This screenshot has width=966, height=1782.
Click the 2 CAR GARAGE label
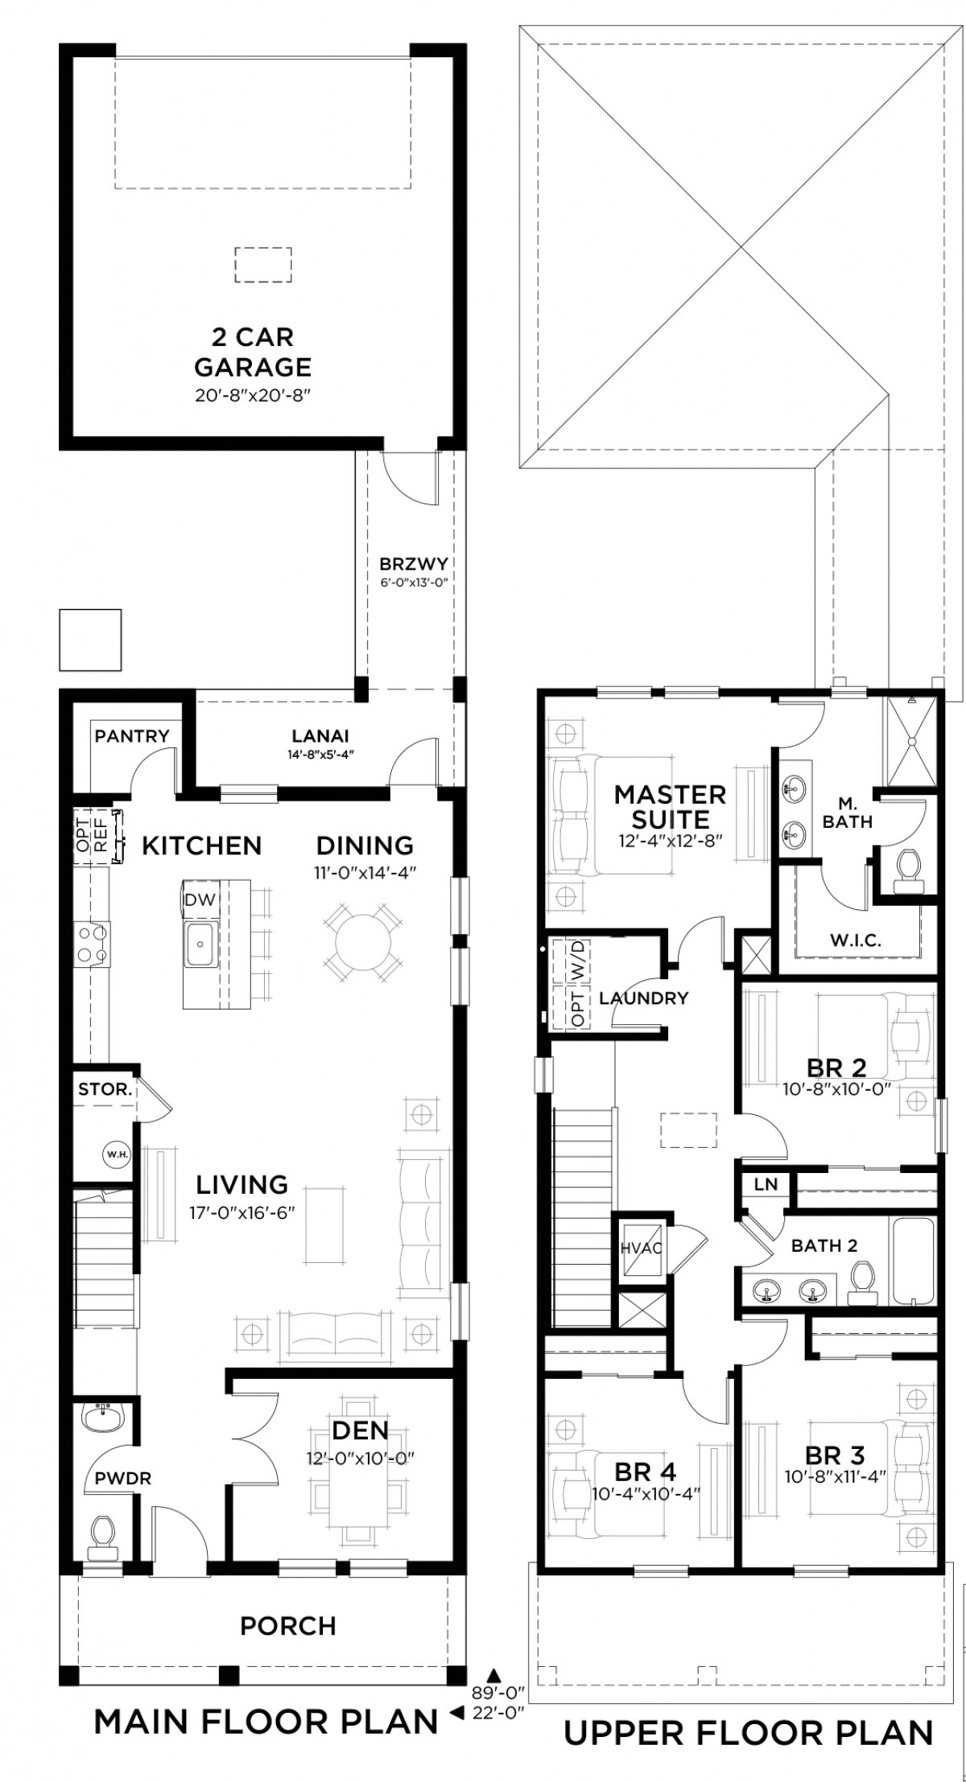coord(253,352)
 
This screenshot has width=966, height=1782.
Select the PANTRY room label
coord(132,735)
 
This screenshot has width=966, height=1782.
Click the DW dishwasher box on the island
coord(200,899)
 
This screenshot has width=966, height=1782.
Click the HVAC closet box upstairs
coord(641,1246)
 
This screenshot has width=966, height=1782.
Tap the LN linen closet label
coord(766,1183)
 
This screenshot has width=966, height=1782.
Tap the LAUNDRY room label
coord(644,998)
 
